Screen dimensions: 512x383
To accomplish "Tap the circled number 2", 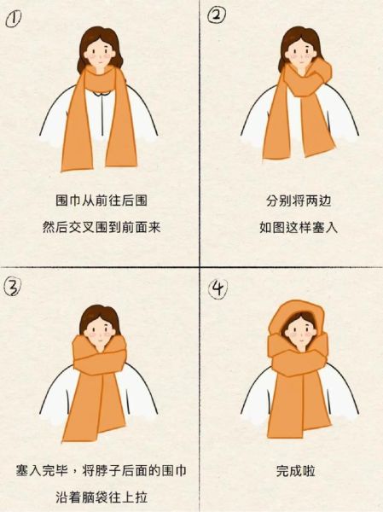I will (x=218, y=16).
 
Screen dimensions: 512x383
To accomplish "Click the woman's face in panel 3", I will (x=97, y=326).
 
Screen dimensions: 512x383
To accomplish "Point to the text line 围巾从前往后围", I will (x=96, y=202).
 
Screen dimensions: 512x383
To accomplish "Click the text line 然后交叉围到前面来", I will (x=96, y=229).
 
